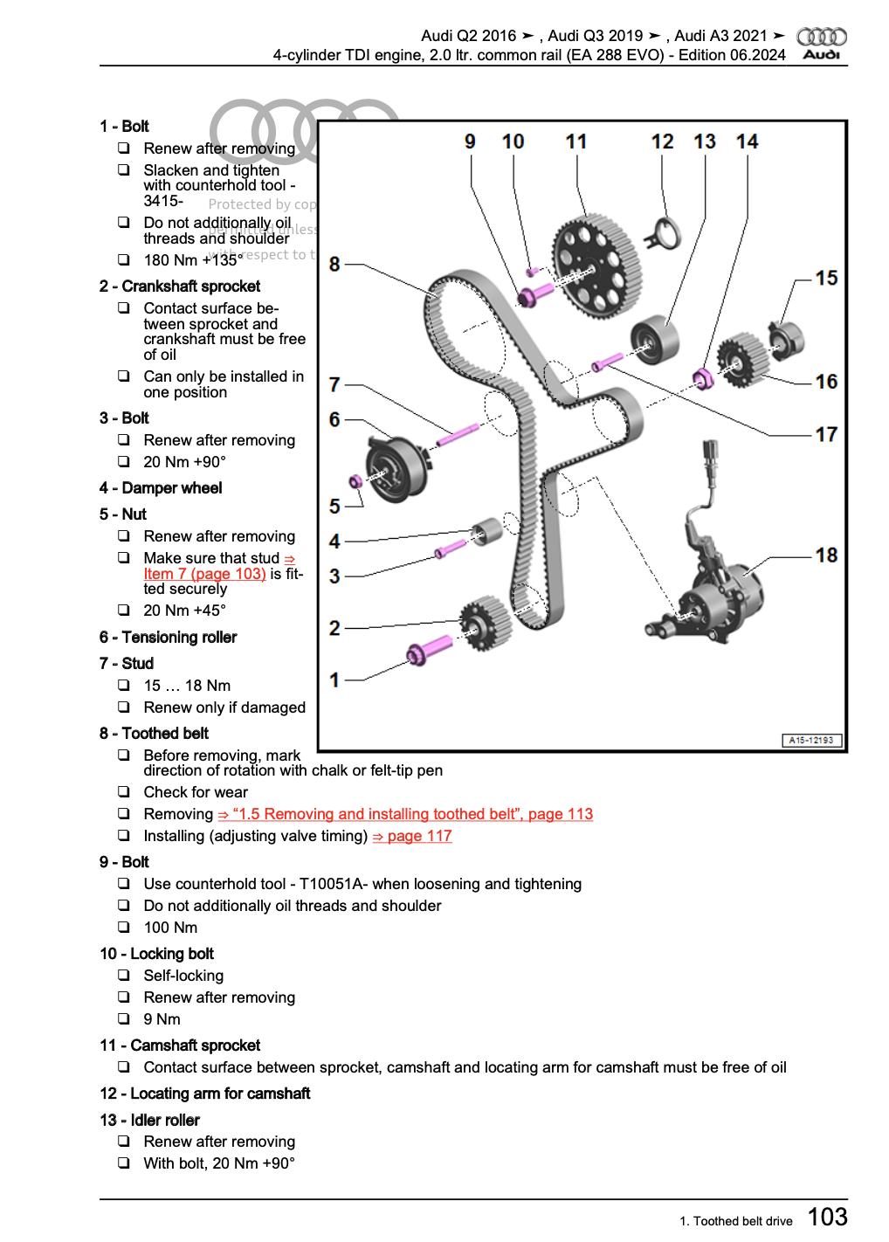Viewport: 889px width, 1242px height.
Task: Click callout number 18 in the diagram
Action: click(x=825, y=555)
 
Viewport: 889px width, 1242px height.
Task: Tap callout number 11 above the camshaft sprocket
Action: click(x=575, y=141)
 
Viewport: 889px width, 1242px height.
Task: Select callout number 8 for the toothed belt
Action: click(x=334, y=263)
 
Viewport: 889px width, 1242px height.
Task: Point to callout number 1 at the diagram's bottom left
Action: click(x=334, y=679)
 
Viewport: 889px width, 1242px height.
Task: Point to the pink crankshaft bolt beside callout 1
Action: click(x=424, y=653)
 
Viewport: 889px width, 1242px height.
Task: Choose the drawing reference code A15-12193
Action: click(x=811, y=741)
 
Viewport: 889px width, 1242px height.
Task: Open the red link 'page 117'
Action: click(x=412, y=836)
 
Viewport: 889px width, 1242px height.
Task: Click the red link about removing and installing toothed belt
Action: click(x=405, y=814)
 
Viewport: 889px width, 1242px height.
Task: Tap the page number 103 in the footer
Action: click(x=827, y=1216)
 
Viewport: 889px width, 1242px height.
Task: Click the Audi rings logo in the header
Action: click(x=822, y=37)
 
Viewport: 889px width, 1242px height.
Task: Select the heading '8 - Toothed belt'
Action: click(x=154, y=734)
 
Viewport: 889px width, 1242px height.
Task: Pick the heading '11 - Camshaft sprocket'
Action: click(x=179, y=1045)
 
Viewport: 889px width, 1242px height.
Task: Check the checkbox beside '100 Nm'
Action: click(x=125, y=928)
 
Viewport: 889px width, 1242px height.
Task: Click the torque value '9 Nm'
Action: click(x=162, y=1019)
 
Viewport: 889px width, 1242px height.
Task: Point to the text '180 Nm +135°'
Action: click(x=193, y=260)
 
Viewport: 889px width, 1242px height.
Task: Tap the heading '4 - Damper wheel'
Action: click(x=161, y=488)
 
